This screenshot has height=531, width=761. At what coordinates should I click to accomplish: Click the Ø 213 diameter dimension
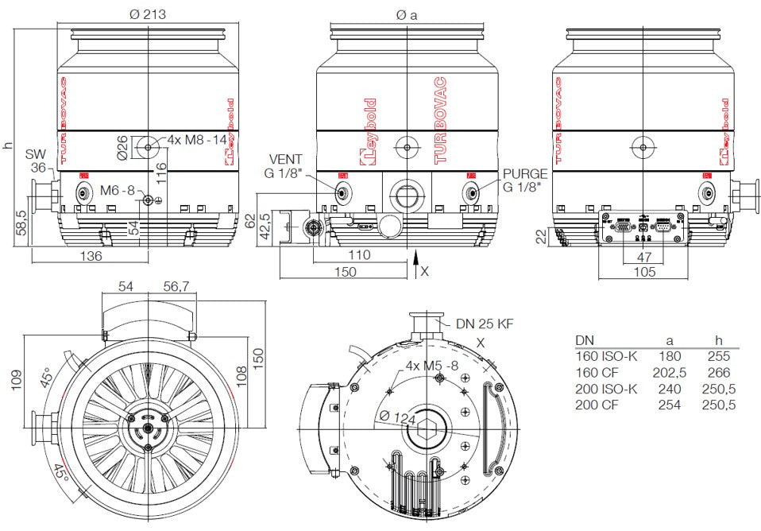(147, 14)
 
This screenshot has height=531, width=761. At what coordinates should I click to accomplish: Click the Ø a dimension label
(406, 14)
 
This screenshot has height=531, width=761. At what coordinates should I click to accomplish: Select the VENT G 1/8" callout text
(286, 165)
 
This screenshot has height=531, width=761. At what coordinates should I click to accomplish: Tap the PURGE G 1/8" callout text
(524, 180)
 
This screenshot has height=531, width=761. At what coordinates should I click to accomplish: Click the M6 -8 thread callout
(118, 191)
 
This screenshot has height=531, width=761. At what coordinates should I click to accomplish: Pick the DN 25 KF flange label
(485, 324)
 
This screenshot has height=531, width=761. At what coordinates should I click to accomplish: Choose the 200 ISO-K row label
(606, 389)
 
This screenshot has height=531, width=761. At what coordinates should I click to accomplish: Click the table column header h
(720, 339)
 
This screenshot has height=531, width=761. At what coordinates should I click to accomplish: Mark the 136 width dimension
(91, 256)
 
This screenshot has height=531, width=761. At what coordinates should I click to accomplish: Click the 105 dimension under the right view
(644, 272)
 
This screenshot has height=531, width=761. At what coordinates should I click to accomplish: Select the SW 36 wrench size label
(37, 160)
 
